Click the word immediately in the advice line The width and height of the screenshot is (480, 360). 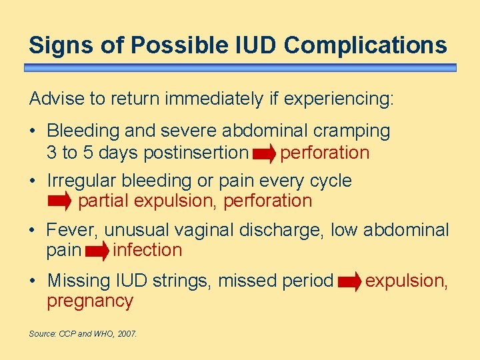coord(214,99)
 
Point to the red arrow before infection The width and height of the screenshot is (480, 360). coord(97,251)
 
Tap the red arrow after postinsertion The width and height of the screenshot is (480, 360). coord(264,153)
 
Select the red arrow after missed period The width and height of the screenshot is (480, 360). coord(349,282)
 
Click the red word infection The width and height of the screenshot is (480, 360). coord(147,251)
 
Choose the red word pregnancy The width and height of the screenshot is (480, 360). coord(90,301)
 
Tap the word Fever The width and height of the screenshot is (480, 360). coord(73,231)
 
